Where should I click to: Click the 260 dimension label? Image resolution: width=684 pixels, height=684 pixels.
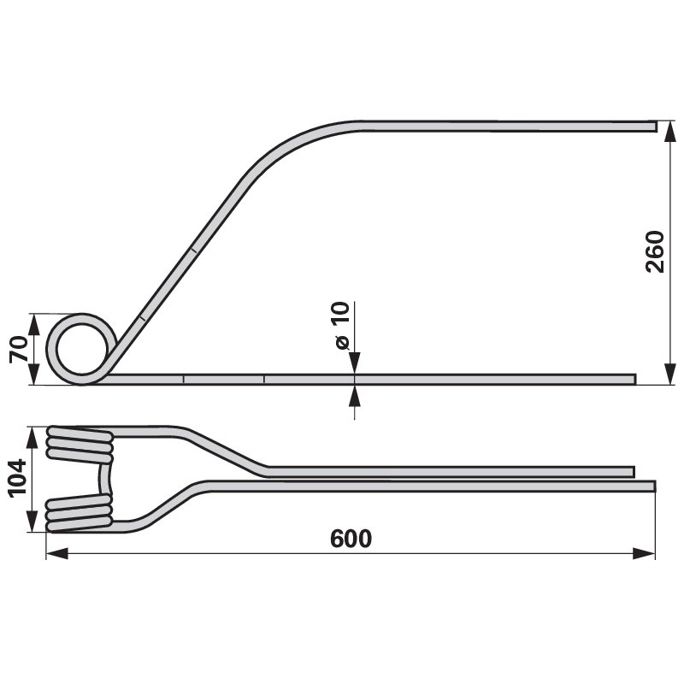[654, 251]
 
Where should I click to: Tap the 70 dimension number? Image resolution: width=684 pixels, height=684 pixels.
[19, 349]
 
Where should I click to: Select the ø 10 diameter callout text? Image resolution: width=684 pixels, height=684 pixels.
[343, 326]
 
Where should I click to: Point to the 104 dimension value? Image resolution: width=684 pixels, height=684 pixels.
[17, 478]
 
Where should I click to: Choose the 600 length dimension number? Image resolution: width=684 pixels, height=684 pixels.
[351, 539]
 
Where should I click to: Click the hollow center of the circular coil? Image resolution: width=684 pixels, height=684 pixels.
[81, 349]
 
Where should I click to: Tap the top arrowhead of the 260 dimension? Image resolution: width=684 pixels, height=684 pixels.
[670, 131]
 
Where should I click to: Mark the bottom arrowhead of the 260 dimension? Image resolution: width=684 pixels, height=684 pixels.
[670, 374]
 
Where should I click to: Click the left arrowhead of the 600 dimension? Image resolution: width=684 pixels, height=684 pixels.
[56, 553]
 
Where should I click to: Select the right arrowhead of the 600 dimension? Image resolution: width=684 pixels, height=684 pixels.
[645, 553]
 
